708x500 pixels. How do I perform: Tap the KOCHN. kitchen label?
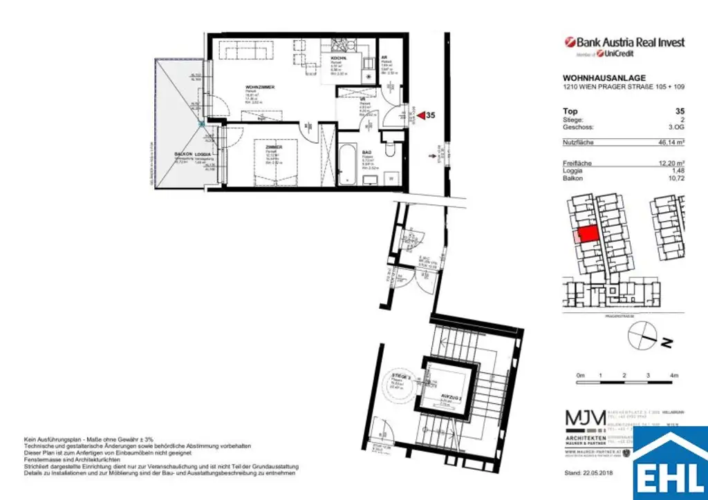click(337, 59)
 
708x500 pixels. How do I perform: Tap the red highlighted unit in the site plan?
click(587, 234)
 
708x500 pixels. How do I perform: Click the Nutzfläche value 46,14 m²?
click(670, 142)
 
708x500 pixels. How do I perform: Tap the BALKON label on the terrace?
click(183, 154)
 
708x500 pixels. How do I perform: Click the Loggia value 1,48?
click(677, 170)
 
